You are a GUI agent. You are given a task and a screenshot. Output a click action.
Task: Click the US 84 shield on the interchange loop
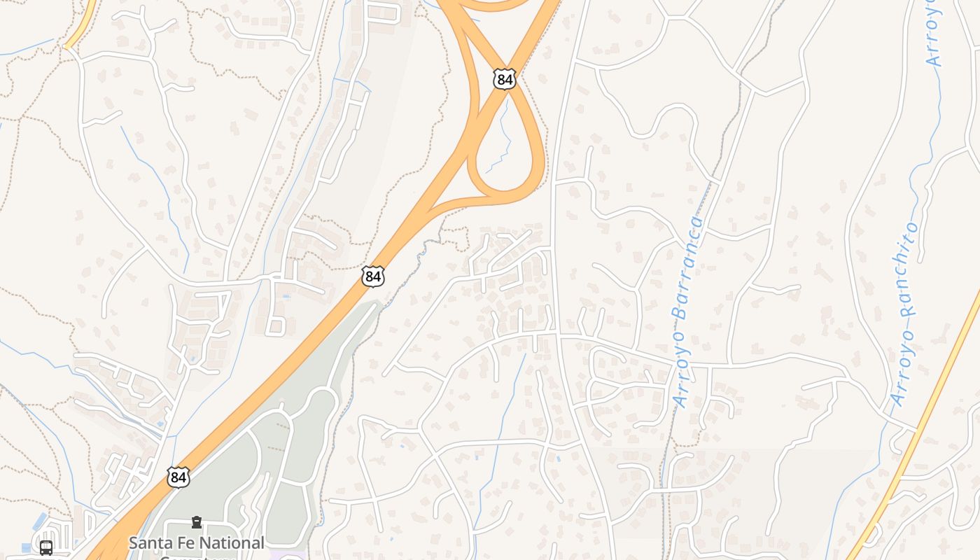(504, 79)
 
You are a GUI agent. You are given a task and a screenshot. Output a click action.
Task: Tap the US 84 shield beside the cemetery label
(178, 477)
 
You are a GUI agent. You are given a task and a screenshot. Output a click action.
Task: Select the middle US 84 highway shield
(373, 276)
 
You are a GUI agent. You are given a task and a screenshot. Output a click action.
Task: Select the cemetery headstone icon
(197, 522)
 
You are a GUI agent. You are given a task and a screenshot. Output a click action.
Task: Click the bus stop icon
(46, 547)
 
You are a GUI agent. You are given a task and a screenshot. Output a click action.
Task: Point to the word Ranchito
(909, 269)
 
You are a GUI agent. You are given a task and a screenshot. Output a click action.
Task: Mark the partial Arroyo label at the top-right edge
(933, 31)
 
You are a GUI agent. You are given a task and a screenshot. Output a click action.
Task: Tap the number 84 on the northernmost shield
(504, 80)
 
